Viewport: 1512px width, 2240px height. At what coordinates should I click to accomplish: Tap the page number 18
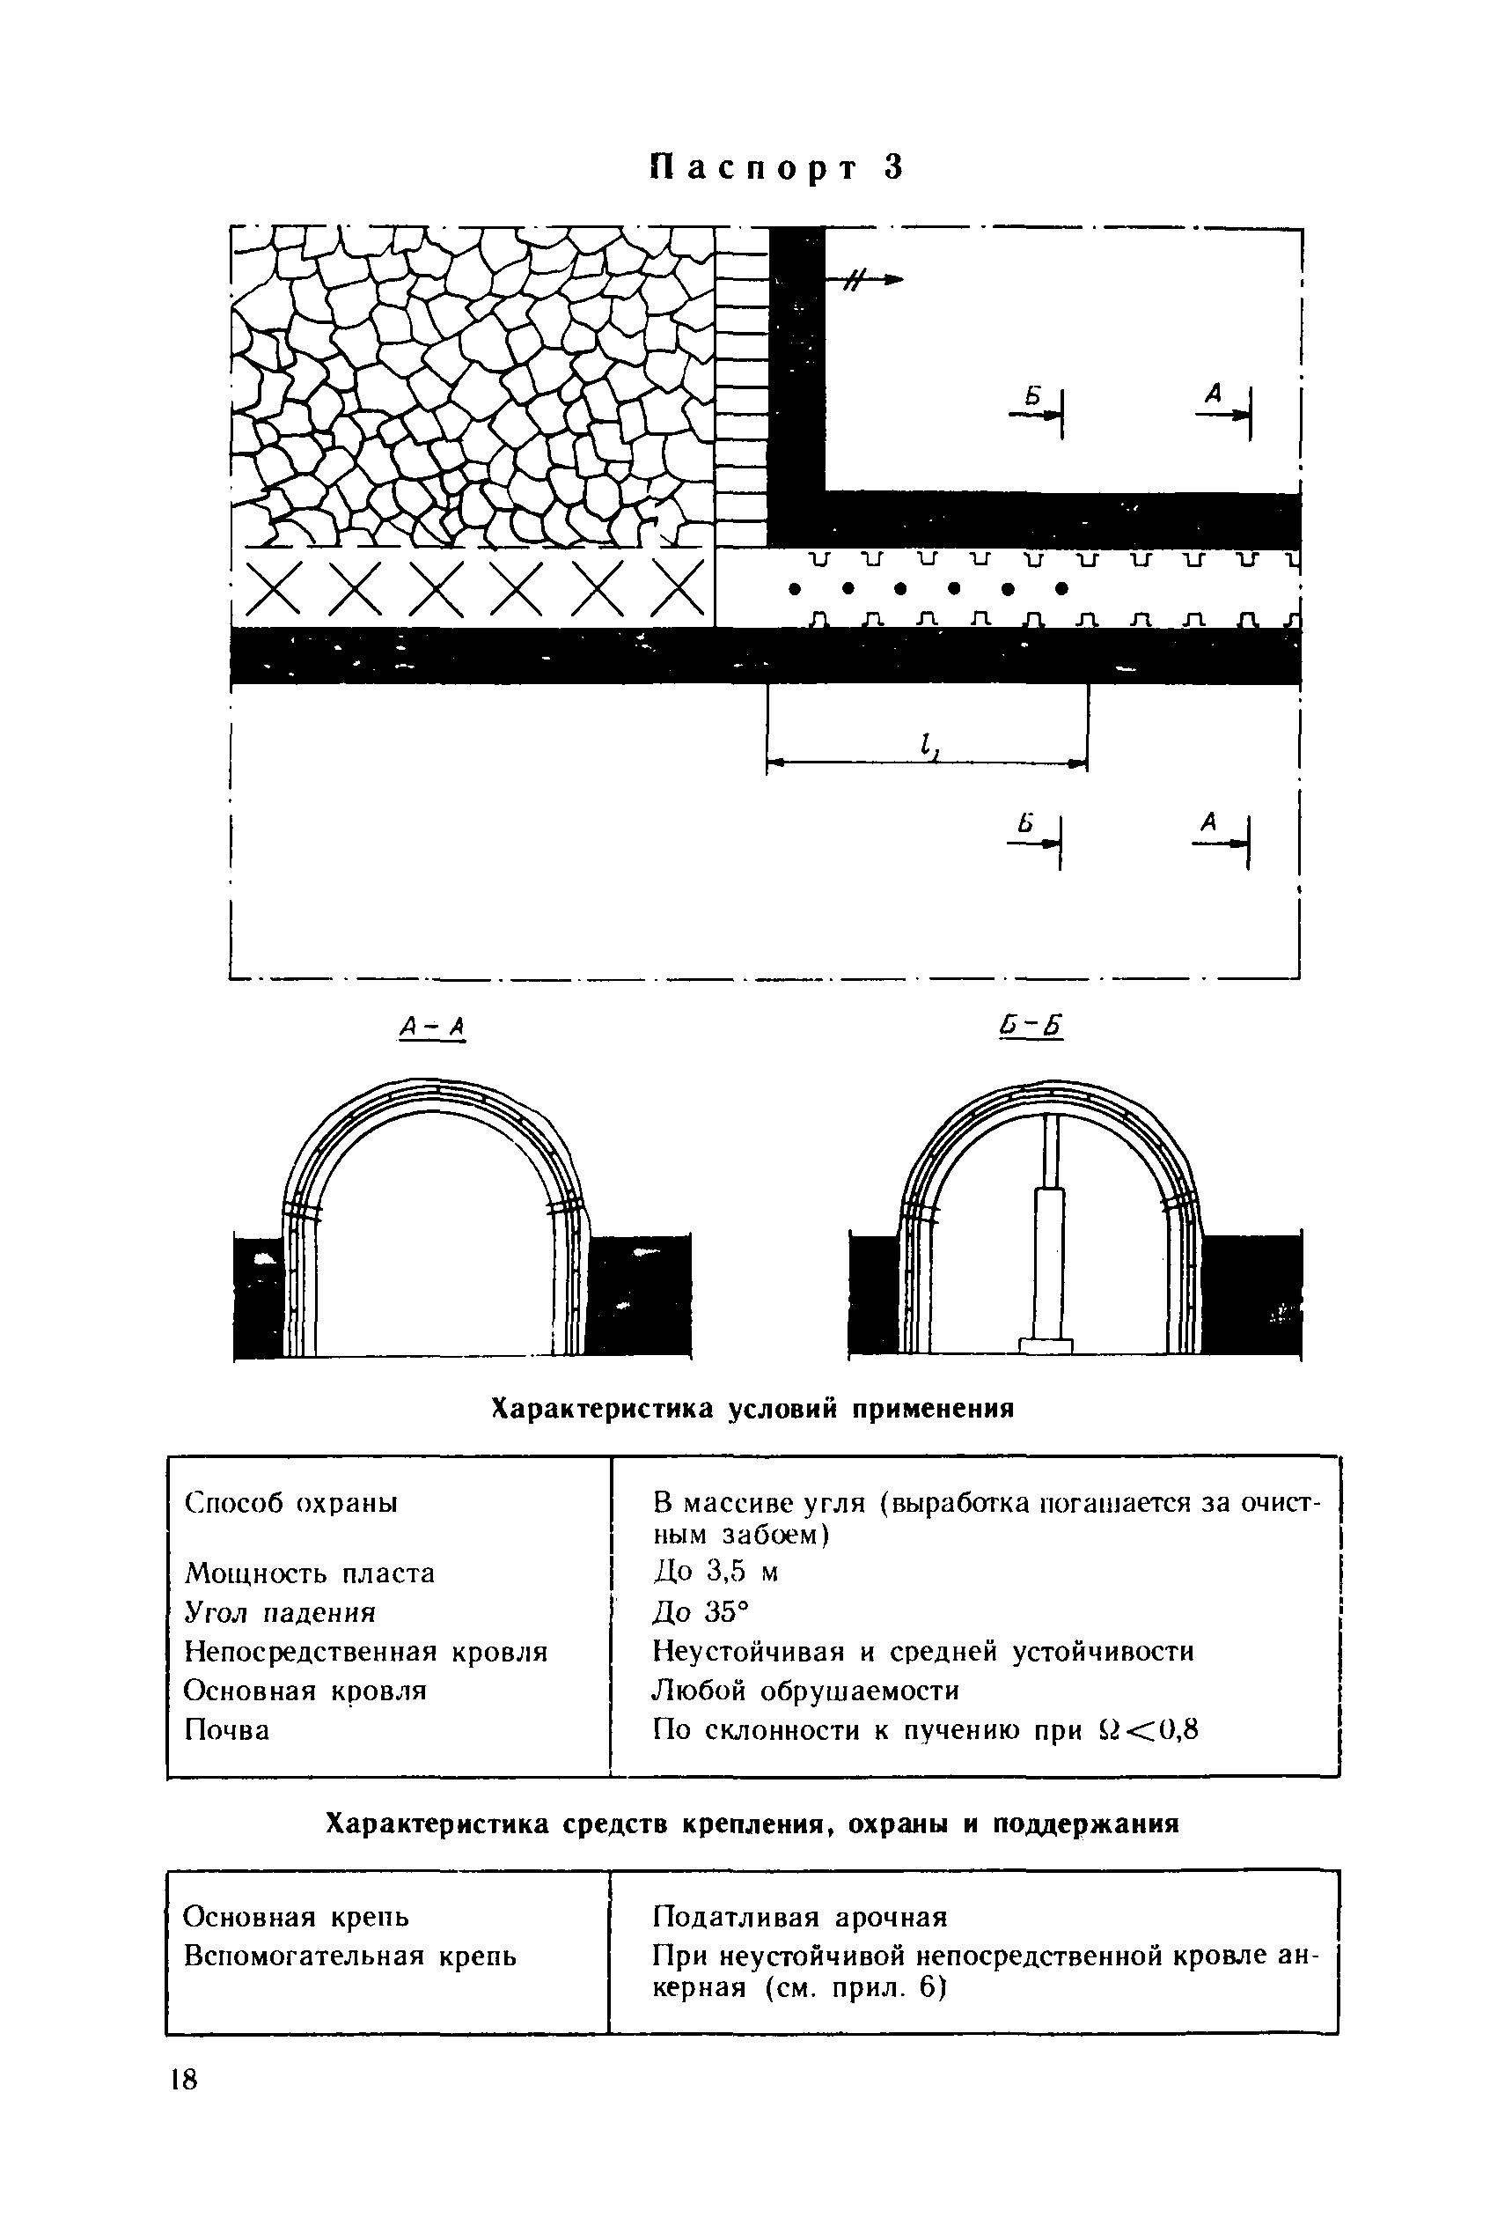[182, 2080]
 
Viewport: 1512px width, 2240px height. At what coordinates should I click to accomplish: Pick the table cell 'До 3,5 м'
[715, 1572]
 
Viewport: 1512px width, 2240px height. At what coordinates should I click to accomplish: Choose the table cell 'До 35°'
[700, 1611]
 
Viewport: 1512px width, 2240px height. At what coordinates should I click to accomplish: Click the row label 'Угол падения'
[280, 1611]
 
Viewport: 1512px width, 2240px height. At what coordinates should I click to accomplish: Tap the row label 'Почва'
[226, 1730]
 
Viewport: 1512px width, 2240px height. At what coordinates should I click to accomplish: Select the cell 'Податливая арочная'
[800, 1916]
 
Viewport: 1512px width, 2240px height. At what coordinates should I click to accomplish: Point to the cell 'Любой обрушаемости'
[805, 1691]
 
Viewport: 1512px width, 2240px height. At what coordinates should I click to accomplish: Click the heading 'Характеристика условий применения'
[752, 1408]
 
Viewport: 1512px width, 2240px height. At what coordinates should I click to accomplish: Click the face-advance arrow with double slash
[863, 279]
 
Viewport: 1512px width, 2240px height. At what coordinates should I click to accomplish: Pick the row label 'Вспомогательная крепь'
[349, 1956]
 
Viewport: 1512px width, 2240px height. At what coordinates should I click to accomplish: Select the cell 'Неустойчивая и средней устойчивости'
[923, 1651]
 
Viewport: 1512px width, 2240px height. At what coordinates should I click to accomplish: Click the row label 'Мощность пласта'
[309, 1573]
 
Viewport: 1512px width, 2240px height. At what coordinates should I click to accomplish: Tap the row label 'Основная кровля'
[305, 1691]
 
